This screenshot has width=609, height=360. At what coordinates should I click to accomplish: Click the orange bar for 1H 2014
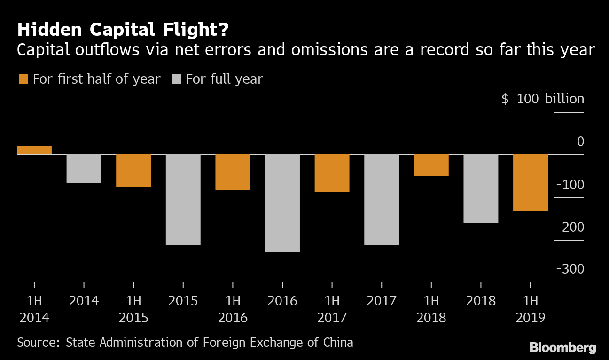[x=34, y=150]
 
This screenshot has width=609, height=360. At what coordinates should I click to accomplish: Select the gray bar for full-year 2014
[x=84, y=169]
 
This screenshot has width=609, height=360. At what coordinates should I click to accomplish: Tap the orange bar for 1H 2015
[x=133, y=171]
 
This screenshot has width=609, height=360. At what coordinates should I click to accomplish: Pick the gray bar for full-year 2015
[x=183, y=200]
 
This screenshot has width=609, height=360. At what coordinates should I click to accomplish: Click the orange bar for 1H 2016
[x=233, y=172]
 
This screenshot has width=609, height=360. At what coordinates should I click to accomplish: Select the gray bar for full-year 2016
[x=282, y=203]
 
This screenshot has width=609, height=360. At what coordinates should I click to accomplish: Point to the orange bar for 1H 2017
[x=332, y=173]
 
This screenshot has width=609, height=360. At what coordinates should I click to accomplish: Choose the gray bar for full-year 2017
[x=382, y=200]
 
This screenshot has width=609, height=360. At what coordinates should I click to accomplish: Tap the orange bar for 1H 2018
[x=431, y=165]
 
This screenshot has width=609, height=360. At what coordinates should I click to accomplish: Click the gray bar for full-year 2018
[x=481, y=188]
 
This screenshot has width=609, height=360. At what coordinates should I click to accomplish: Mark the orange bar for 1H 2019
[x=531, y=182]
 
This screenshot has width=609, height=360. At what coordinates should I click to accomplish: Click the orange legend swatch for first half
[x=23, y=79]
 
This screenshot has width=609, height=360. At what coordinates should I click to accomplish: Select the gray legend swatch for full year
[x=176, y=79]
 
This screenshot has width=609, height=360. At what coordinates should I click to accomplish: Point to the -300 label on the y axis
[x=570, y=269]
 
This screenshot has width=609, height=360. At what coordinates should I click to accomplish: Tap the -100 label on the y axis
[x=570, y=185]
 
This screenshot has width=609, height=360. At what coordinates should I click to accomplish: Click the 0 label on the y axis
[x=580, y=141]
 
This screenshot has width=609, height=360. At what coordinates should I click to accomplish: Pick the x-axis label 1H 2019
[x=531, y=309]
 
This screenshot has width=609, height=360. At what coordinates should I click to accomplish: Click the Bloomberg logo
[x=562, y=348]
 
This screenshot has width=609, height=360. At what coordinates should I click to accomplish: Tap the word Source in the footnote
[x=37, y=342]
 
